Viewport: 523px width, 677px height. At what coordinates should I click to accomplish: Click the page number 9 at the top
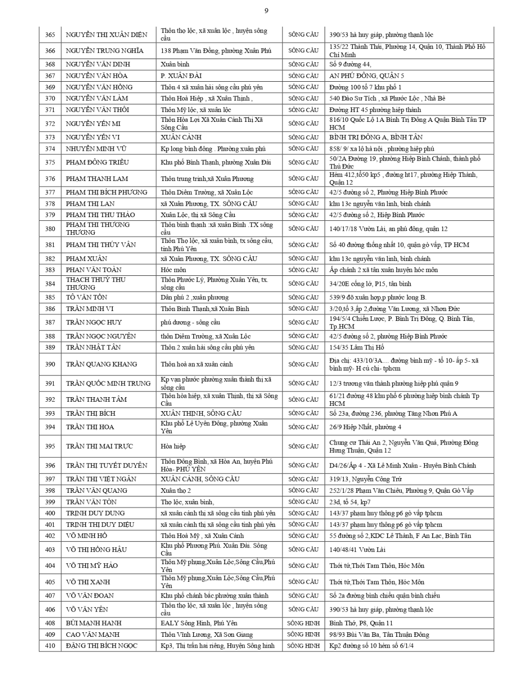point(266,11)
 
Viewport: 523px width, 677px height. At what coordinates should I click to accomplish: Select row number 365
point(50,35)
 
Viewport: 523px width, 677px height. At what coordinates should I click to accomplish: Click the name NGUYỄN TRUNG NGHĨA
point(105,51)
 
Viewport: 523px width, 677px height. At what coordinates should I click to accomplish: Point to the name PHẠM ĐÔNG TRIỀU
point(97,162)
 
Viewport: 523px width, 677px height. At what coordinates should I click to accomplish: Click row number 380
point(50,229)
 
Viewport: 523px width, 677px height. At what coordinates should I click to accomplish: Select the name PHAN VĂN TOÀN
point(94,270)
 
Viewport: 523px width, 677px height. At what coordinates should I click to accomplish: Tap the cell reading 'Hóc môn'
point(173,270)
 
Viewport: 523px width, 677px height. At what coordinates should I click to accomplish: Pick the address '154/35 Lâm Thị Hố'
point(357,348)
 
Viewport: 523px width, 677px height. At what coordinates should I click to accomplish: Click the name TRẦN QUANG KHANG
point(102,364)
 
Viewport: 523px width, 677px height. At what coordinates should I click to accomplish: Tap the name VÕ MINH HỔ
point(87,536)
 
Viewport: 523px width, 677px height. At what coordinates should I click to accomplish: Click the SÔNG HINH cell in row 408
point(303,623)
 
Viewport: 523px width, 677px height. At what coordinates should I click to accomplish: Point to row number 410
point(50,646)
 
